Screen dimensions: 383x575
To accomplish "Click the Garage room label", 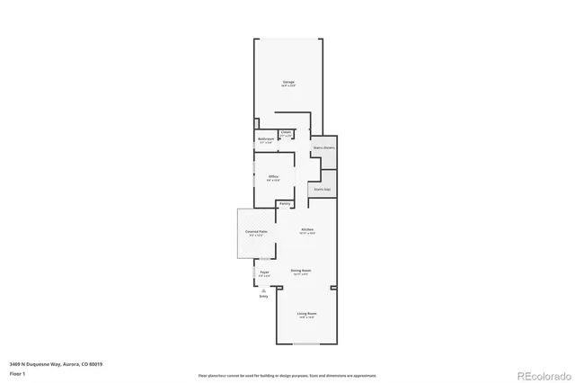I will click(x=288, y=82).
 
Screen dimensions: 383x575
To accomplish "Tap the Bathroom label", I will click(x=266, y=139).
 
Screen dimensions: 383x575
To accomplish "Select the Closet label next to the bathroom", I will click(x=286, y=132).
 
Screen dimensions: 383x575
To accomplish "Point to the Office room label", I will click(x=273, y=176).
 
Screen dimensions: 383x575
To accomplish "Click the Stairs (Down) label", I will click(x=323, y=147).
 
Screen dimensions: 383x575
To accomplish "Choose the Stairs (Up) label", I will click(x=323, y=189).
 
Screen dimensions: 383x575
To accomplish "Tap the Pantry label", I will click(x=284, y=204).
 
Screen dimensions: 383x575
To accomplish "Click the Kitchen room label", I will click(x=306, y=230).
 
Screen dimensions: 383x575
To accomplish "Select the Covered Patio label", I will click(x=256, y=232).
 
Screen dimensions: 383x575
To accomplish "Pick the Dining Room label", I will click(x=300, y=270).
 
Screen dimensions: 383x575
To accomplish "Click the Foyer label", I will click(x=264, y=271).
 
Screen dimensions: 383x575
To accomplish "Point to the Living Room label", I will click(x=306, y=314).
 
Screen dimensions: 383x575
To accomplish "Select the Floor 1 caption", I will click(x=17, y=372).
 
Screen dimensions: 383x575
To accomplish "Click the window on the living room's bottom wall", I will click(x=306, y=344).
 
